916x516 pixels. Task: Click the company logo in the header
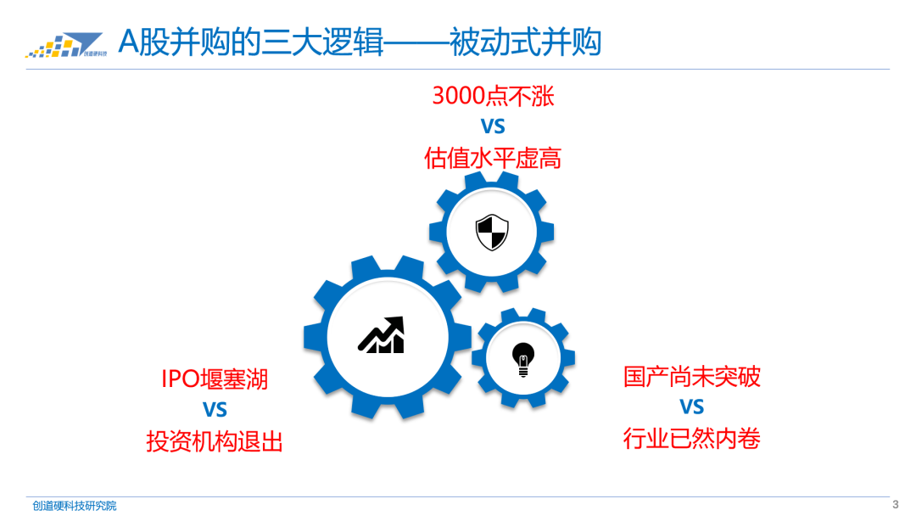pos(64,44)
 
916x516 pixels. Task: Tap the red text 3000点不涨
pos(493,95)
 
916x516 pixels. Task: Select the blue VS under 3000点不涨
pos(493,126)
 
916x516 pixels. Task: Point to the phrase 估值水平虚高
pos(493,158)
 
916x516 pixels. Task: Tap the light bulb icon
pos(523,359)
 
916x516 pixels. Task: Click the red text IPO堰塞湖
pos(215,379)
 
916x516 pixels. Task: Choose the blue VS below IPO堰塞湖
pos(215,410)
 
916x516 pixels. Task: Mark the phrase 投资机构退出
pos(215,441)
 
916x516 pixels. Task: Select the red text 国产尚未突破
pos(692,376)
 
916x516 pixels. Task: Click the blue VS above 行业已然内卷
pos(692,407)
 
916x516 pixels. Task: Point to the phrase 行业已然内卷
pos(692,439)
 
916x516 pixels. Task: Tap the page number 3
pos(895,504)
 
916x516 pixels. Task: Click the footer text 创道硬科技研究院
pos(75,506)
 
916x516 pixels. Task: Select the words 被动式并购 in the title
pos(526,42)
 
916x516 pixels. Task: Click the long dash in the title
pos(416,42)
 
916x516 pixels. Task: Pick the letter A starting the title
pos(127,42)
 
